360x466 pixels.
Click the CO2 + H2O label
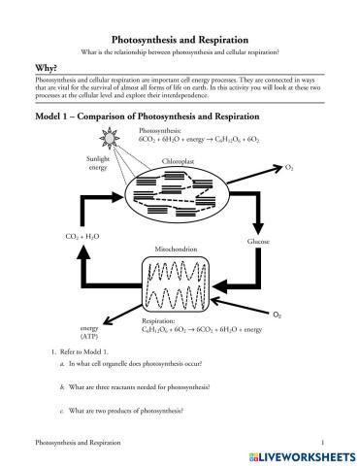[x=81, y=237]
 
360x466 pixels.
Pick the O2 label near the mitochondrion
[x=278, y=316]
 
